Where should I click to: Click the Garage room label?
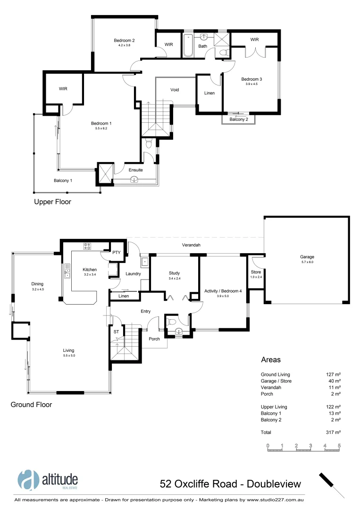click(x=307, y=257)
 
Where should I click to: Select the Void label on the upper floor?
click(x=175, y=90)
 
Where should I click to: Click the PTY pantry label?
click(x=117, y=253)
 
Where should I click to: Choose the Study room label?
click(x=174, y=273)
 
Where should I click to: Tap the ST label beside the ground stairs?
click(x=116, y=332)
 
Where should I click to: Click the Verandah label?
click(x=192, y=245)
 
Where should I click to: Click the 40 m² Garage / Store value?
click(x=334, y=381)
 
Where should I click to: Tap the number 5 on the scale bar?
click(x=339, y=445)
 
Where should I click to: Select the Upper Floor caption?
click(x=52, y=202)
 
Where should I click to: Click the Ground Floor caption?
click(x=31, y=405)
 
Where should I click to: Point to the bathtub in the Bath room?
click(x=188, y=46)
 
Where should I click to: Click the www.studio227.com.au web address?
click(x=274, y=499)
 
